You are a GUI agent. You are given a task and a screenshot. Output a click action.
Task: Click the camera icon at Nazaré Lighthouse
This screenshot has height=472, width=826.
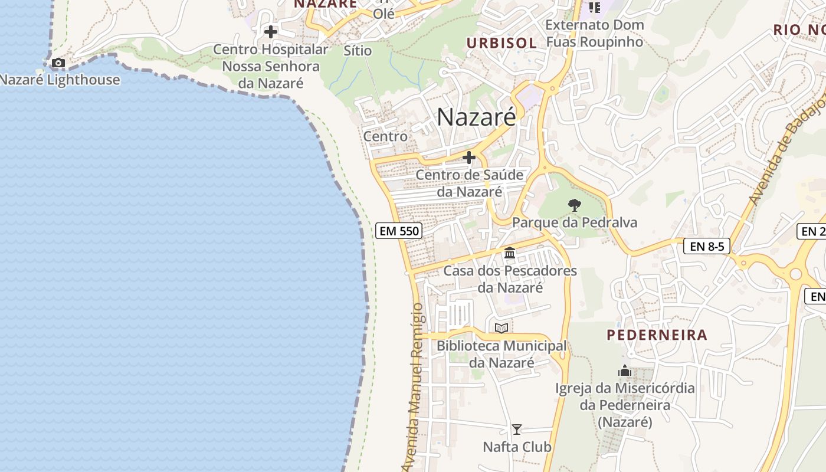[x=58, y=63]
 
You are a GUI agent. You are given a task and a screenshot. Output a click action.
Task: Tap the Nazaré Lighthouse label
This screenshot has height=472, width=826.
[x=60, y=80]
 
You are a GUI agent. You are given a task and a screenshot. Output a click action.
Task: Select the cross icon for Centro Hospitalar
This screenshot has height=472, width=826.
[x=271, y=31]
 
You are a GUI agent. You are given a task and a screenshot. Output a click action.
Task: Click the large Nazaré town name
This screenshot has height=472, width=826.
[x=476, y=117]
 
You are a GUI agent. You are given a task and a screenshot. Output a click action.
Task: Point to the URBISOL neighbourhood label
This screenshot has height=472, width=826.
[x=501, y=42]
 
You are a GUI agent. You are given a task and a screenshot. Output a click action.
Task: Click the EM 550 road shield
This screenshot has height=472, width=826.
[x=399, y=231]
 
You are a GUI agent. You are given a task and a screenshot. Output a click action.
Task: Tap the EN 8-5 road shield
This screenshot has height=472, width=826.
[x=707, y=246]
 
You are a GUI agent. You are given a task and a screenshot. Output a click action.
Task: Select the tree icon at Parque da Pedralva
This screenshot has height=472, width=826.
[x=574, y=205]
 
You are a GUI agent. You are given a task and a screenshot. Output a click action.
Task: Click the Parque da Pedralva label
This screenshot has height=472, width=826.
[x=575, y=222]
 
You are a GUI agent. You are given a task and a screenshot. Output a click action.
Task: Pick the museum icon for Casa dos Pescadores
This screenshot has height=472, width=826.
[x=510, y=253]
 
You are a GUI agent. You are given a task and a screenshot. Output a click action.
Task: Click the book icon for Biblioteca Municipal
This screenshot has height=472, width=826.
[x=501, y=328]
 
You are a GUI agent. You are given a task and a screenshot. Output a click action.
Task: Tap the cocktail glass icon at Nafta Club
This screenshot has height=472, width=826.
[x=517, y=430]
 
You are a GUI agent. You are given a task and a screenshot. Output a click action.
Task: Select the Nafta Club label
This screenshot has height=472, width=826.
[x=517, y=447]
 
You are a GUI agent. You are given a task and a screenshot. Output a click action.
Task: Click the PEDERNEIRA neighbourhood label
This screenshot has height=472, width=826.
[x=657, y=335]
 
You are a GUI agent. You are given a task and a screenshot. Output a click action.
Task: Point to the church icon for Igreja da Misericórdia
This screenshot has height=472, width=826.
[x=625, y=371]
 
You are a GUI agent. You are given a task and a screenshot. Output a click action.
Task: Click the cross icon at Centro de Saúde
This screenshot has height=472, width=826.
[x=469, y=158]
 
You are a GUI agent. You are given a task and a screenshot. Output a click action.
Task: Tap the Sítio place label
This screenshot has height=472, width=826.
[x=358, y=51]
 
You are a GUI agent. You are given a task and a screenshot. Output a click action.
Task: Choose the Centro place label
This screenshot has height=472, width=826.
[x=385, y=136]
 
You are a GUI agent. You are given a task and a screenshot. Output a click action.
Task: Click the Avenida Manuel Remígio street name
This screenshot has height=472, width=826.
[x=414, y=386]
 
